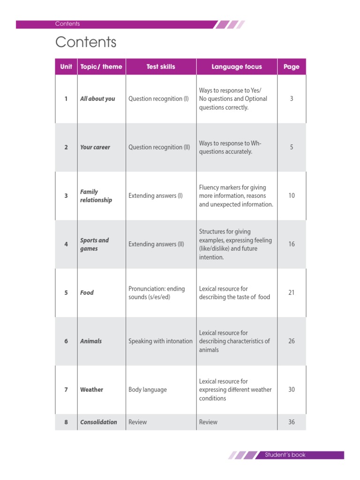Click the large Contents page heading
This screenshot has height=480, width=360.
click(x=86, y=42)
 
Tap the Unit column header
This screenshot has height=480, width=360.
click(x=66, y=67)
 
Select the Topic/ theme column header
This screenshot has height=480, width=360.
click(x=101, y=67)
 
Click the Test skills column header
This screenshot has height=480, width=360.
click(x=161, y=67)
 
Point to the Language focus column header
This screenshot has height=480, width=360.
click(x=237, y=67)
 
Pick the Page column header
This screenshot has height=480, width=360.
click(x=291, y=67)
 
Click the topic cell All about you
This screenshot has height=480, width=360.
click(x=97, y=99)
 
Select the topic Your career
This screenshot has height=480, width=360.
click(x=95, y=147)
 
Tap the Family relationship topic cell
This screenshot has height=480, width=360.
click(x=96, y=196)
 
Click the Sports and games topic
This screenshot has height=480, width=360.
click(x=94, y=244)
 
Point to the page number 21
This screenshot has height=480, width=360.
click(x=292, y=292)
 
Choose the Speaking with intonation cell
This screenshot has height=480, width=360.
click(x=160, y=341)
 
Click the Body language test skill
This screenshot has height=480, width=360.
click(x=148, y=390)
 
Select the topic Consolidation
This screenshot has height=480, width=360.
click(x=98, y=422)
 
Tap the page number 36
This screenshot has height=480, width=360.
click(x=292, y=422)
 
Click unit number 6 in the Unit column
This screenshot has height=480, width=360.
click(x=66, y=341)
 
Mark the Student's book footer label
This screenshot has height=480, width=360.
click(x=285, y=455)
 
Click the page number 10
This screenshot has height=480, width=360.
click(x=292, y=195)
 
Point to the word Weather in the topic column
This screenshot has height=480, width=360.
click(x=91, y=390)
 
